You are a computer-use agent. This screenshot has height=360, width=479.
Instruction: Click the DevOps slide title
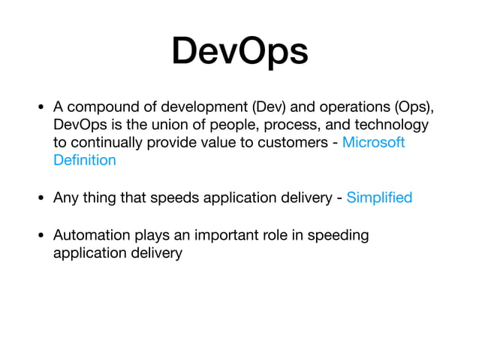pyautogui.click(x=239, y=51)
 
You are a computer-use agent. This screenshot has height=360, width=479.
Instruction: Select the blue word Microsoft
pyautogui.click(x=373, y=142)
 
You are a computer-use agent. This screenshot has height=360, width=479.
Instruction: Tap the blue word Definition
pyautogui.click(x=85, y=160)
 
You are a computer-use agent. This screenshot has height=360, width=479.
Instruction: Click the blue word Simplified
pyautogui.click(x=379, y=198)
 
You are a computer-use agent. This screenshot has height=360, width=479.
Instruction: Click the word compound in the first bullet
pyautogui.click(x=101, y=106)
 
